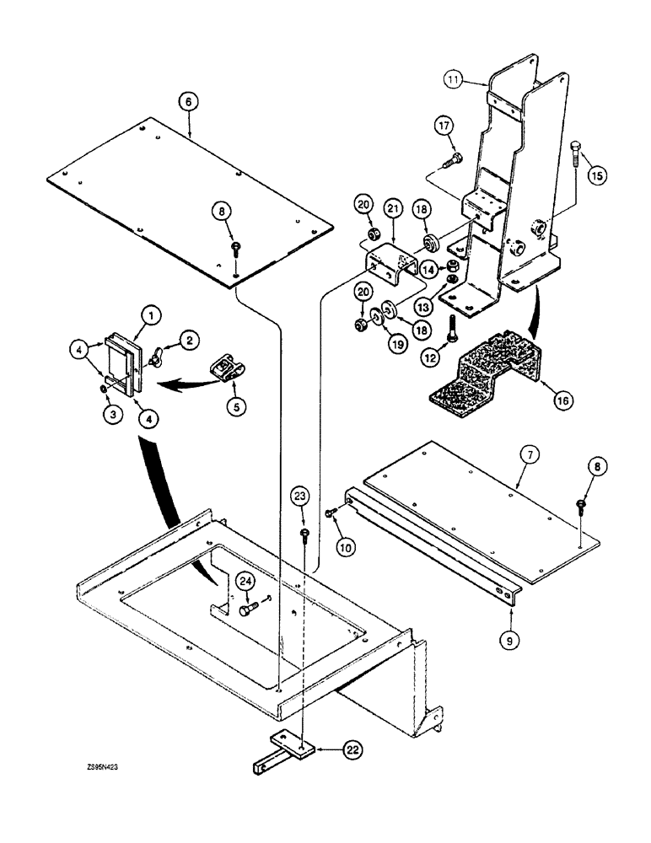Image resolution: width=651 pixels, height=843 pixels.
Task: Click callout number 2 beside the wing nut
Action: click(190, 340)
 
